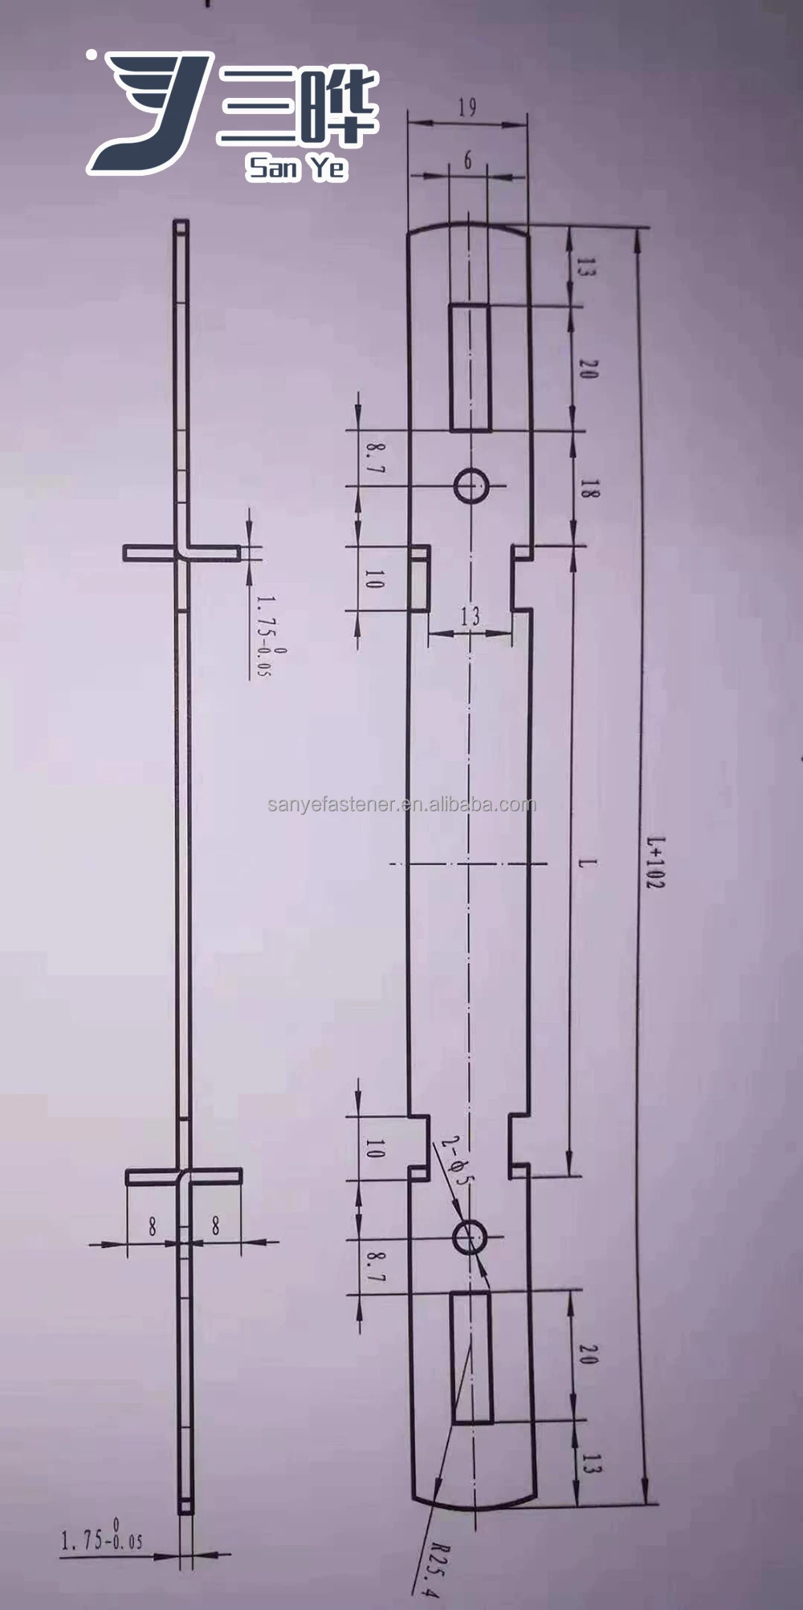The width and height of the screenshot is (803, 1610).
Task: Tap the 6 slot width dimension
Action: [467, 161]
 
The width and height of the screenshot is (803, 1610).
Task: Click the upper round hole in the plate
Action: [471, 486]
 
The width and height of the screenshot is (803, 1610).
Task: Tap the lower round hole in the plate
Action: [470, 1237]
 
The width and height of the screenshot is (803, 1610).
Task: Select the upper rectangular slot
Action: [470, 367]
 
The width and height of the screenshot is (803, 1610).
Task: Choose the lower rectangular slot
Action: [471, 1356]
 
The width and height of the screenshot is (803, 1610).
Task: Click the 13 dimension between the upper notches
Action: [471, 616]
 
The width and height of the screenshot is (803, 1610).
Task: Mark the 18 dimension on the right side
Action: [589, 489]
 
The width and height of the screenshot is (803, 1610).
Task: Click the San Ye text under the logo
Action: [297, 167]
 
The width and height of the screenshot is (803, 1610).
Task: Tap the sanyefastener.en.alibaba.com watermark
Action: [401, 804]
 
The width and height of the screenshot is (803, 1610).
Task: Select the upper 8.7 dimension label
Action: [374, 457]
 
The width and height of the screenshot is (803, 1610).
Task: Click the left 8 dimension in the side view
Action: [152, 1226]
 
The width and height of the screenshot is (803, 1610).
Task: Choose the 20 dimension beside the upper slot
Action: [589, 370]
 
